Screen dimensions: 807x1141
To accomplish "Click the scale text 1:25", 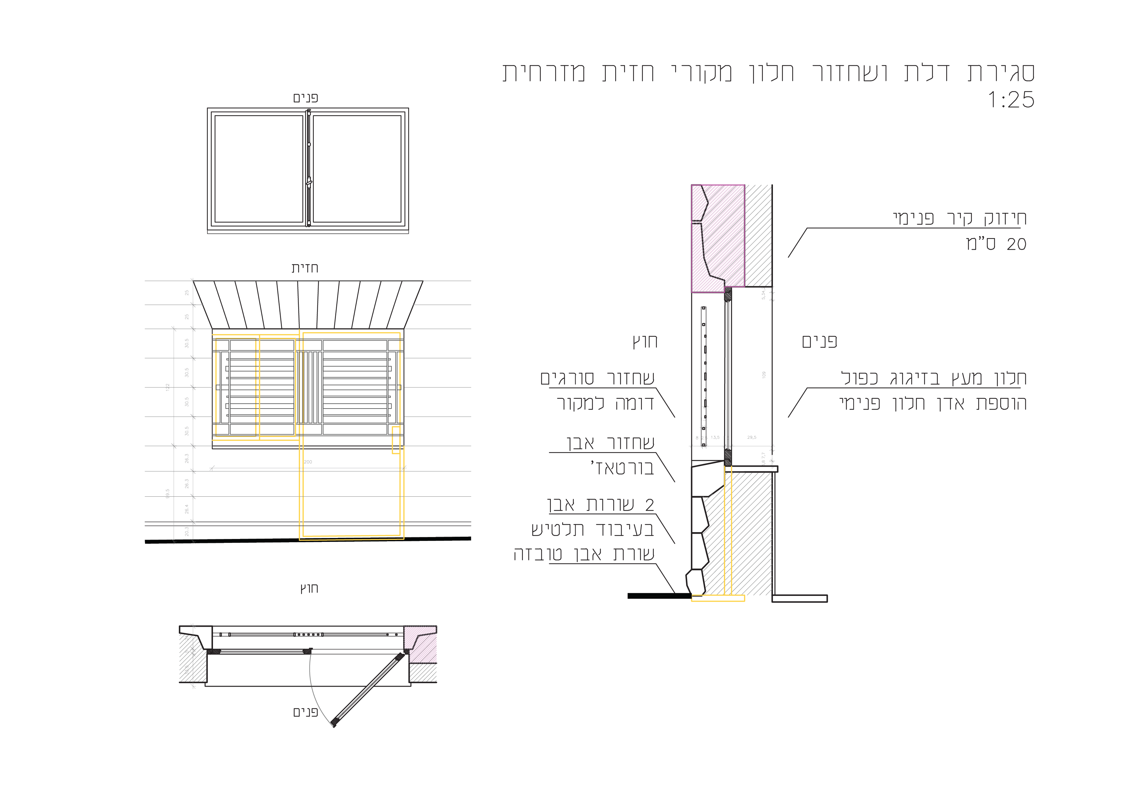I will tap(1011, 100).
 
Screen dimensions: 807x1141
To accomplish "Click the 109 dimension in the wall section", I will tap(764, 374).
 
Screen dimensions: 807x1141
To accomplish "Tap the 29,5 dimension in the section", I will tap(751, 437).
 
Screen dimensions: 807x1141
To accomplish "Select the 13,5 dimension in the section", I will tap(715, 437).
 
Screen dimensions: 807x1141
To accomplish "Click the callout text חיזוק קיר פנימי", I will tap(959, 218).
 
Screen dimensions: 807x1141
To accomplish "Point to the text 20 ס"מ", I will tap(996, 244).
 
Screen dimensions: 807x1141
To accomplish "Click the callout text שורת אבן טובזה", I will tap(584, 554).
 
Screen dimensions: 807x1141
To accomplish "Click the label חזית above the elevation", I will tap(305, 268).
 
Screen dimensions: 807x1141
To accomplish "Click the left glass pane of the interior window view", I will tap(259, 169).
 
